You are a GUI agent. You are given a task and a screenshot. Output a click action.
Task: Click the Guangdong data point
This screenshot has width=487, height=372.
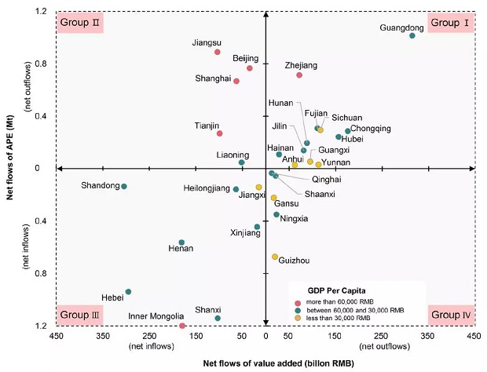click(x=412, y=35)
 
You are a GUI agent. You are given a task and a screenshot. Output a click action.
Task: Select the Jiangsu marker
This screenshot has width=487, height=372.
click(x=218, y=52)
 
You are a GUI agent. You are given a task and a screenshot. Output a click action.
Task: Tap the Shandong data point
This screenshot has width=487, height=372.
click(x=124, y=186)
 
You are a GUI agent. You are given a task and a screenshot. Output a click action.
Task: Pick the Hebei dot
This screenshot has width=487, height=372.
click(x=128, y=292)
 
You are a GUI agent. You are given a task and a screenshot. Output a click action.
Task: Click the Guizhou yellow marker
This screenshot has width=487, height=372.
click(x=275, y=257)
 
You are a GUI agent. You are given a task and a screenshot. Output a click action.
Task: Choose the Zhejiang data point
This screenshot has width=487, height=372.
click(x=299, y=75)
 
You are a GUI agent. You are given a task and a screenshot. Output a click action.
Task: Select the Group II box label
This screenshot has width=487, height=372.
click(x=80, y=23)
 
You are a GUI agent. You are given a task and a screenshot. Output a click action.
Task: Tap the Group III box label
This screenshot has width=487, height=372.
click(x=80, y=315)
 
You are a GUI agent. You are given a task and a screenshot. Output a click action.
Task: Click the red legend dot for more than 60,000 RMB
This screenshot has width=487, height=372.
click(x=297, y=301)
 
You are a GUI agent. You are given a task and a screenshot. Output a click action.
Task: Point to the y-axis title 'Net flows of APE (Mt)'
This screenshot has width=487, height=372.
click(x=12, y=169)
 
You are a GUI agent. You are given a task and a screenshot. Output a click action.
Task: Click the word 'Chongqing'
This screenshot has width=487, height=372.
click(x=371, y=129)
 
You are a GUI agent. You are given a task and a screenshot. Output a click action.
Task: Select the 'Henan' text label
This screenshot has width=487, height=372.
click(x=181, y=249)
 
